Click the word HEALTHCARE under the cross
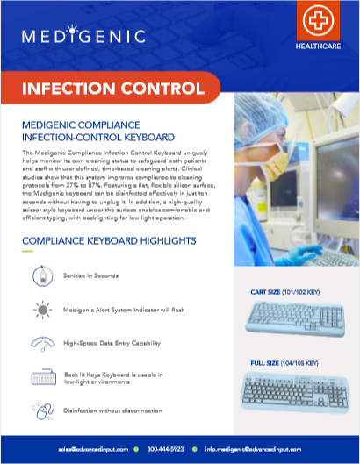[x=317, y=48]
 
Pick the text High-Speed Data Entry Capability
[x=112, y=343]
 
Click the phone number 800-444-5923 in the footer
[x=165, y=447]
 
